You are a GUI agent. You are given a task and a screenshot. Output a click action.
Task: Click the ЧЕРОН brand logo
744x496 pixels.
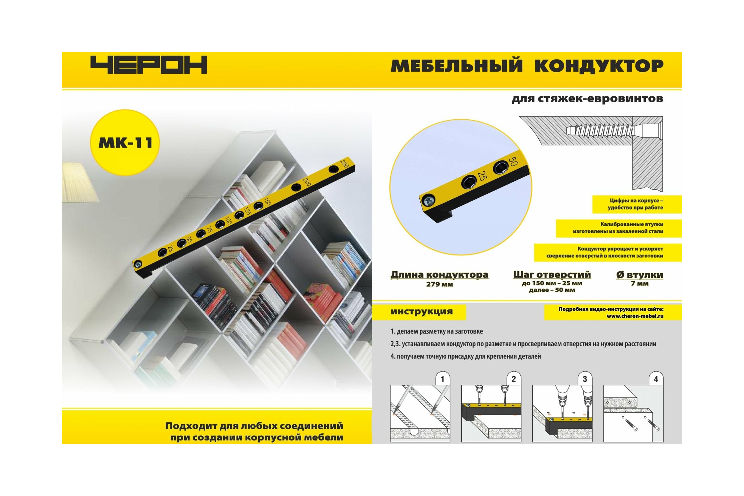(x=149, y=65)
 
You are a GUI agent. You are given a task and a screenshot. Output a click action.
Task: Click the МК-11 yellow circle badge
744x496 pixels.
(x=125, y=142)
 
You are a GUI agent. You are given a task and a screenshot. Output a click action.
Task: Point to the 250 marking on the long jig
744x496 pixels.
(x=344, y=164)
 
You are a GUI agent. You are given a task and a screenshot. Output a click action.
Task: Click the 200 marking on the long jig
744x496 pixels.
(x=307, y=182)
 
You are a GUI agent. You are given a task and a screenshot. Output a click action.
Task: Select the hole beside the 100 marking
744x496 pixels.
(x=220, y=225)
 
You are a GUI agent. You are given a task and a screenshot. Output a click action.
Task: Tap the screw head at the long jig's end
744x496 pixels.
(x=138, y=263)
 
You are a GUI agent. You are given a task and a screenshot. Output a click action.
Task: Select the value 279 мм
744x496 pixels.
(x=439, y=284)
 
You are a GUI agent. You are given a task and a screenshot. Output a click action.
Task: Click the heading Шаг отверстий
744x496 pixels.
(x=552, y=275)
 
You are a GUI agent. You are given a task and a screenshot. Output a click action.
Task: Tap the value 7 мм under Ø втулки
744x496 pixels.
(x=640, y=284)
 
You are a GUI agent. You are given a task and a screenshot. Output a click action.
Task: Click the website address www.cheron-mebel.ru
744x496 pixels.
(x=635, y=316)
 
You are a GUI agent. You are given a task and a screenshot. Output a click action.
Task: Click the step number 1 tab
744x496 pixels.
(x=443, y=379)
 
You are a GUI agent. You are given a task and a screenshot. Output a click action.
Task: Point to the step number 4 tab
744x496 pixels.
(x=656, y=379)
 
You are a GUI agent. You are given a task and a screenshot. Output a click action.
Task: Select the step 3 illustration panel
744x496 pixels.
(x=562, y=414)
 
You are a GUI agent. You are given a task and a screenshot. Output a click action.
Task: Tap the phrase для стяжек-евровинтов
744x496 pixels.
(x=587, y=99)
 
